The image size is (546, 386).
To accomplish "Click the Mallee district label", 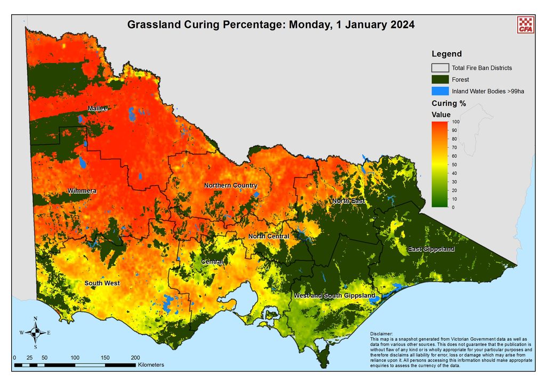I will [x=98, y=109].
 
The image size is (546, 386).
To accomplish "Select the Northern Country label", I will [x=230, y=186].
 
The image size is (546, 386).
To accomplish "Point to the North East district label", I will [x=348, y=201].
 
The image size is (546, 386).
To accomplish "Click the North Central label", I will [x=269, y=236].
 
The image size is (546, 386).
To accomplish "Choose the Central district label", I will [x=212, y=262].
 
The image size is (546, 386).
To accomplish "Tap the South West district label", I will [x=102, y=283].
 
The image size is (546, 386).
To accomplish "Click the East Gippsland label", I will [x=431, y=249].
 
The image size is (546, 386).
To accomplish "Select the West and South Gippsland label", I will [x=334, y=295].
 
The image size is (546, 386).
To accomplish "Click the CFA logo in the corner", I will [x=525, y=25].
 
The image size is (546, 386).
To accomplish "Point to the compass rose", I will [x=35, y=333].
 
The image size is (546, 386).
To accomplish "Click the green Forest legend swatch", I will [x=440, y=79].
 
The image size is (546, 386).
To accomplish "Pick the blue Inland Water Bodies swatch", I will [x=440, y=91].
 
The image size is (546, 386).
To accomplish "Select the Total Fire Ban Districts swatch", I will [x=440, y=68].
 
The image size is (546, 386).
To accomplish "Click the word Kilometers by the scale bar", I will [x=151, y=365].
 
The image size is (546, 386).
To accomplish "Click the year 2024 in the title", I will [x=398, y=25].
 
